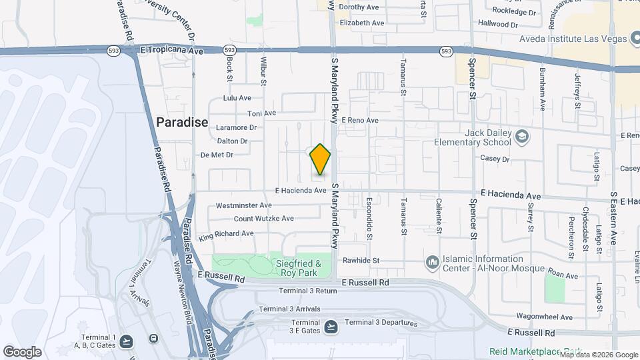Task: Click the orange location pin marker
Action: tap(321, 159)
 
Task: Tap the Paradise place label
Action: tap(182, 123)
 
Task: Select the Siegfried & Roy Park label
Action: tap(299, 268)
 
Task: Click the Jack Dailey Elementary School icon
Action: tap(523, 137)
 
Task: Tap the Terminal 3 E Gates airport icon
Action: tap(331, 327)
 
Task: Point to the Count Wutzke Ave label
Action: tap(263, 219)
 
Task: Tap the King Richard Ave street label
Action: tap(226, 234)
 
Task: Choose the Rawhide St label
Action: tap(361, 261)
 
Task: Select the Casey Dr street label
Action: tap(495, 159)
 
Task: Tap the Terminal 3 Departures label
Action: tap(381, 323)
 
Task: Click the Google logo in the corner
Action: tap(22, 352)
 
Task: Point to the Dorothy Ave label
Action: tap(359, 7)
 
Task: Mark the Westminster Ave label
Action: tap(244, 205)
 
